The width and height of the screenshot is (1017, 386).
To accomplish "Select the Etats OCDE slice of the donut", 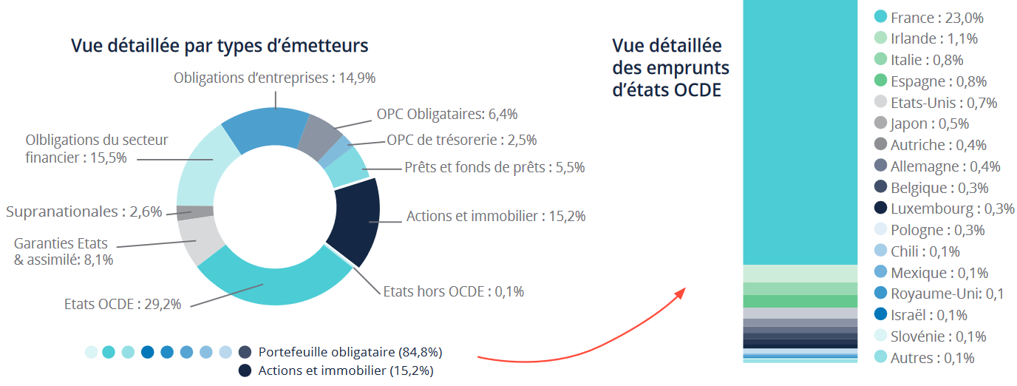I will (273, 285).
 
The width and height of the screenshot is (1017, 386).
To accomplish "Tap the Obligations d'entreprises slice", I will (266, 126).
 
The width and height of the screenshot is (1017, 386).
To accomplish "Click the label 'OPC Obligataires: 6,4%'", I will (447, 114).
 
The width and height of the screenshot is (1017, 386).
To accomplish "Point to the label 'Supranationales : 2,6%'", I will (84, 211).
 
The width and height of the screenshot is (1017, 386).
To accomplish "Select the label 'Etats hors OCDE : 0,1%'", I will (453, 291).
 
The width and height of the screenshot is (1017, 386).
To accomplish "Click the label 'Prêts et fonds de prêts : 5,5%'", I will (494, 167).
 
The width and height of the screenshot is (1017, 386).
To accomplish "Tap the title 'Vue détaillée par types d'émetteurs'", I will (220, 46).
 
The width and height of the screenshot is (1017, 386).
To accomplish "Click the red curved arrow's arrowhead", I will (681, 291).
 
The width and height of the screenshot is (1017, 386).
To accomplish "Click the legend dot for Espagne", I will (880, 81).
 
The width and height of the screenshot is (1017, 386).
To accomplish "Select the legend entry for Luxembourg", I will (952, 209).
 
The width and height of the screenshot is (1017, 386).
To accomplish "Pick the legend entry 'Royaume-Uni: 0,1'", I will (947, 294).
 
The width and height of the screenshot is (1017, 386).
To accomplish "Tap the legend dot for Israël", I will (880, 314).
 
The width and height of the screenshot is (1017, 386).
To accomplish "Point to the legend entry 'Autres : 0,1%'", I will (932, 358).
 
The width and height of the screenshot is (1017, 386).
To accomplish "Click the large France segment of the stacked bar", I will (800, 133).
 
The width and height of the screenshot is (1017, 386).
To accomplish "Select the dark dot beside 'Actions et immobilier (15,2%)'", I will (245, 370).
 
